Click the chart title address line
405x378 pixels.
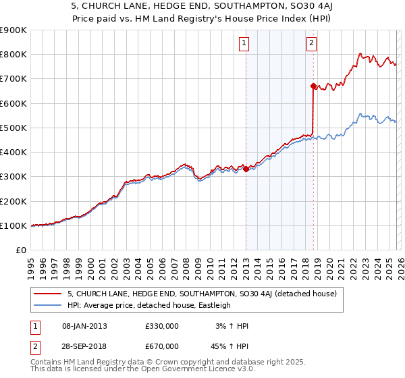[202, 6]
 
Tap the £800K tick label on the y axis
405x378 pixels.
[13, 55]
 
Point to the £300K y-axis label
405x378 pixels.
[13, 177]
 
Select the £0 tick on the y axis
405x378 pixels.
[21, 250]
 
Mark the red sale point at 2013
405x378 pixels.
[246, 169]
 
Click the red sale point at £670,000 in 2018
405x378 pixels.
[313, 86]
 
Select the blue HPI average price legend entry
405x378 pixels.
[148, 305]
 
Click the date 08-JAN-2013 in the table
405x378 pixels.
[84, 325]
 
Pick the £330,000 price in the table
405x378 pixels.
[161, 325]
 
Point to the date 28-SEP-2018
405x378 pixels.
[84, 347]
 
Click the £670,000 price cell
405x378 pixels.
[161, 347]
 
